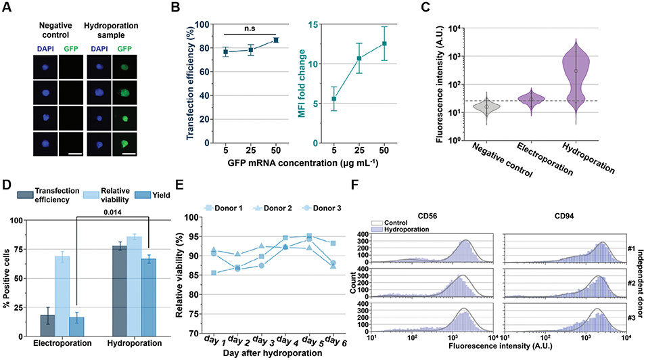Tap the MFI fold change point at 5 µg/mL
(x=333, y=99)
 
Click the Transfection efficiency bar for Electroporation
(x=47, y=323)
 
